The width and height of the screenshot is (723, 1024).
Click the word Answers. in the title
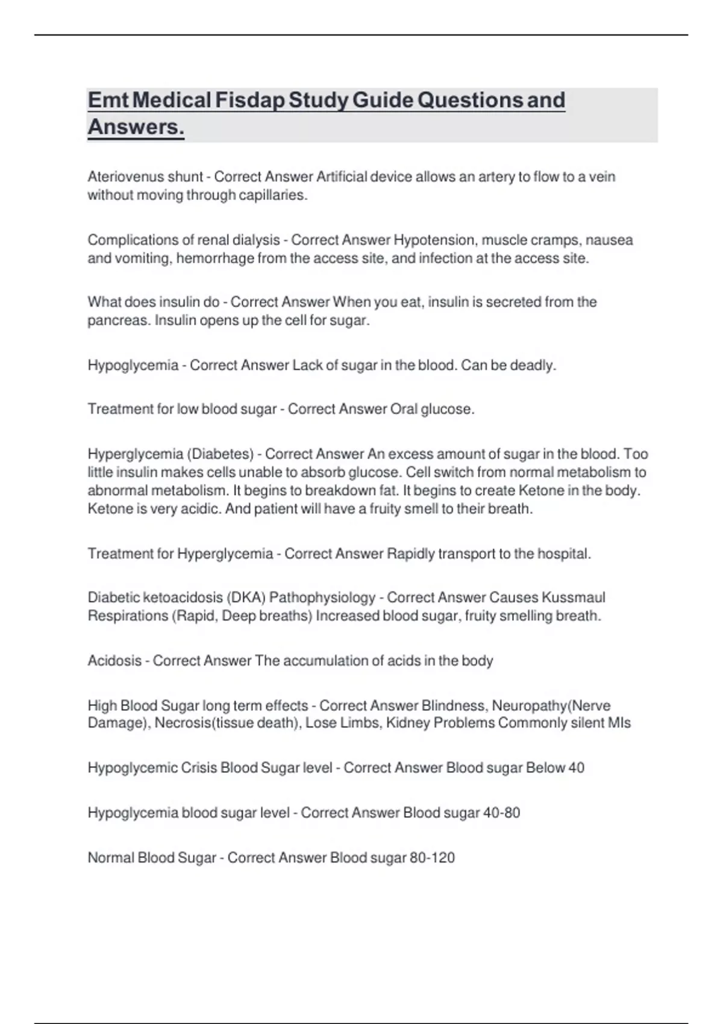tap(136, 127)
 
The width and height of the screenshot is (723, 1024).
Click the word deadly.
tap(533, 365)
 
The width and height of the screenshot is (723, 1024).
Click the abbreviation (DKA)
tap(246, 598)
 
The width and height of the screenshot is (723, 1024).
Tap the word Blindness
tap(455, 705)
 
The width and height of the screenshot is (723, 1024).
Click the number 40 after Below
tap(576, 768)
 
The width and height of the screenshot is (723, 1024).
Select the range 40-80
tap(501, 813)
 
